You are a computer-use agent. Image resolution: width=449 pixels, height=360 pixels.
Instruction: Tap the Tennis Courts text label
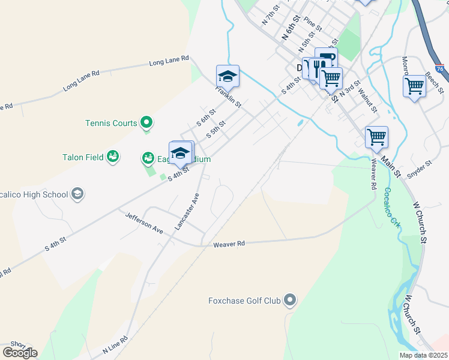point(111,124)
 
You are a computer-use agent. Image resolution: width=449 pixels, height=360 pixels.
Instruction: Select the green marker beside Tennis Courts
point(146,124)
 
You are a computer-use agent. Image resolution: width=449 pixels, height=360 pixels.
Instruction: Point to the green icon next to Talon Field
point(112,157)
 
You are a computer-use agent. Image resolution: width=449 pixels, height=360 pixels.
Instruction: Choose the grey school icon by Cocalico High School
point(77,194)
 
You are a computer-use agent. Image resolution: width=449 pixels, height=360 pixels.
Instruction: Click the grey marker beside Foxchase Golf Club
point(291,300)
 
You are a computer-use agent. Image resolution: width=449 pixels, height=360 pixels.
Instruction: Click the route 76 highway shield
point(441,69)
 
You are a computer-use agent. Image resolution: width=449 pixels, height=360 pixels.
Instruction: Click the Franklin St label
point(229,96)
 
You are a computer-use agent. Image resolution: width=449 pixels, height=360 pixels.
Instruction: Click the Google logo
point(20,353)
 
